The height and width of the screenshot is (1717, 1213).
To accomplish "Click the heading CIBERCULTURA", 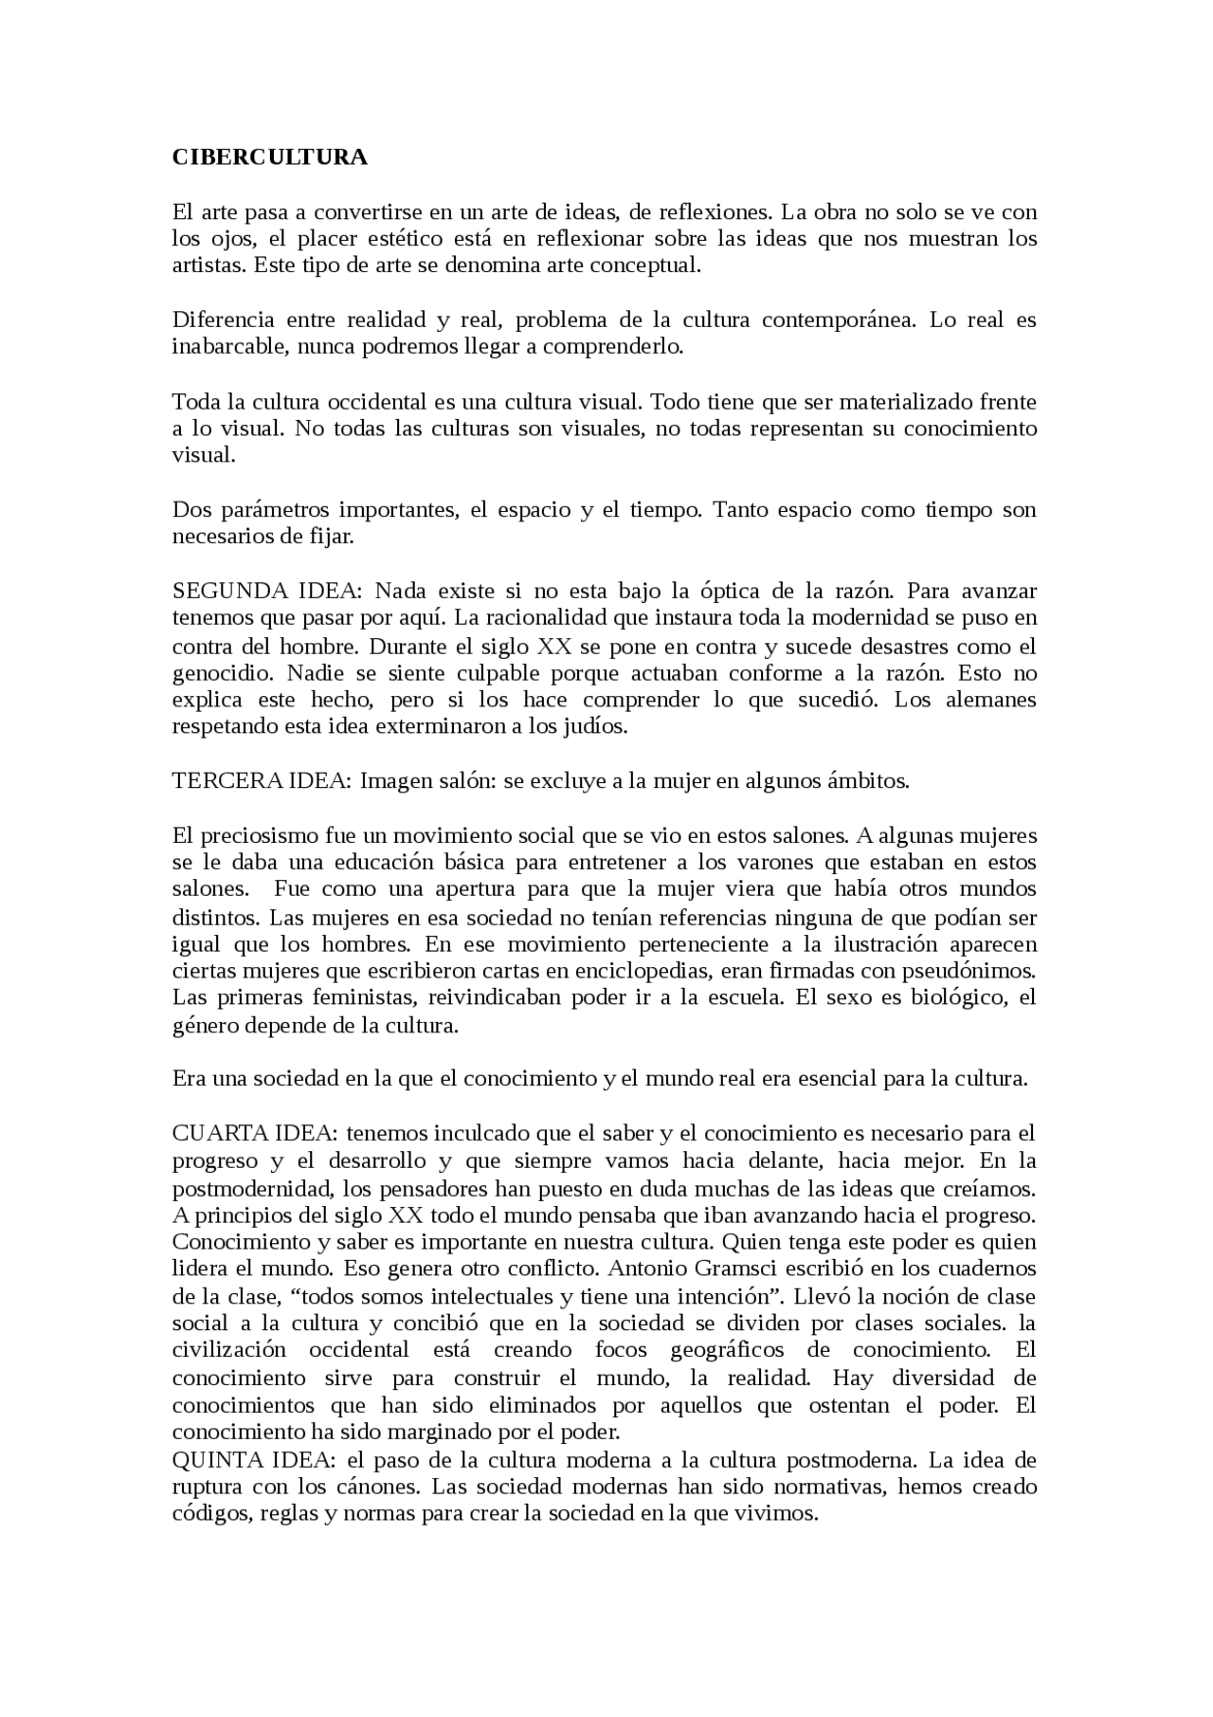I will coord(269,157).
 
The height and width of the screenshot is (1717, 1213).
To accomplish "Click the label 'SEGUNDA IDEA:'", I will coord(266,592).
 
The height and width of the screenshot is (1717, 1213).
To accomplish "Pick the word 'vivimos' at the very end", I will coord(782,1514).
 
